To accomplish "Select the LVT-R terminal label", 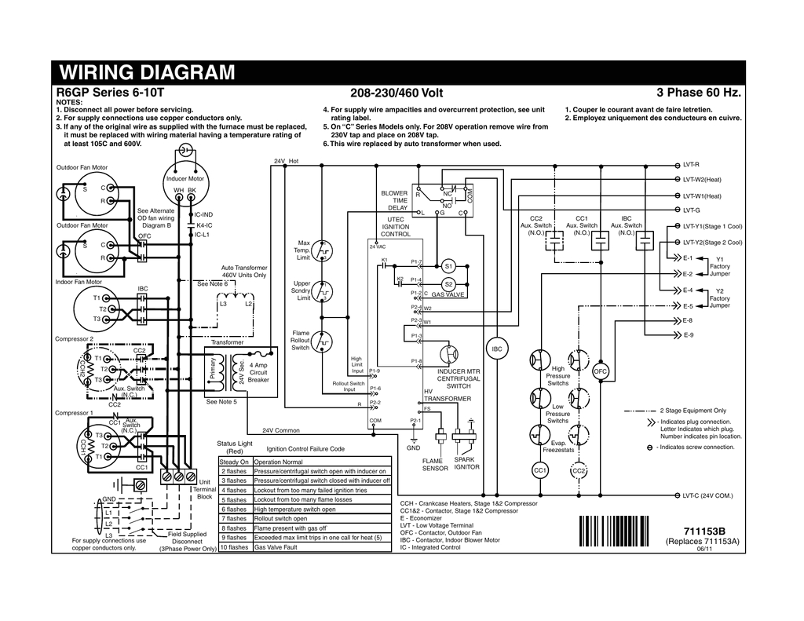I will click(x=691, y=165).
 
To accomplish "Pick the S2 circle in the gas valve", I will click(x=449, y=283).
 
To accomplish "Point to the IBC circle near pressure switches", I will click(x=496, y=349).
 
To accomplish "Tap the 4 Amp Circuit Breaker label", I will click(x=259, y=373).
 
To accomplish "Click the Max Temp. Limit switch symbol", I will click(x=323, y=250).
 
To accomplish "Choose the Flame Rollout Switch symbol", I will click(x=323, y=342).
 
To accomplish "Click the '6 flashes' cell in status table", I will click(x=235, y=509).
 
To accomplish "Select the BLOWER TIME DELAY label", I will click(x=394, y=200).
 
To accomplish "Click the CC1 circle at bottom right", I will click(x=539, y=470).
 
